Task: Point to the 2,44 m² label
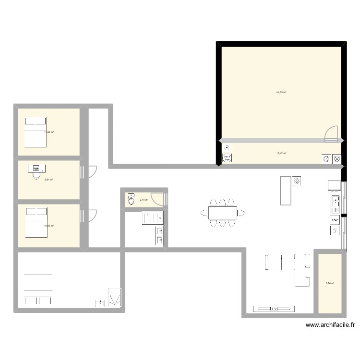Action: (x=144, y=200)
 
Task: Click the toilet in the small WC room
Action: (x=130, y=200)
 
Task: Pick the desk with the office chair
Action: (x=36, y=168)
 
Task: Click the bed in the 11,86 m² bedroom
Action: (x=35, y=132)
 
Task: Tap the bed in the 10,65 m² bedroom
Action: (x=36, y=222)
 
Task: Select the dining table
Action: (x=223, y=212)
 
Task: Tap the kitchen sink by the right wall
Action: (x=335, y=204)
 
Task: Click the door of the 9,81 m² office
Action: (x=92, y=171)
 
